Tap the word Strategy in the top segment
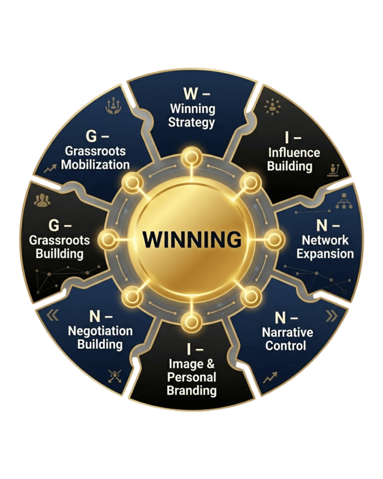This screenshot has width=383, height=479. [191, 123]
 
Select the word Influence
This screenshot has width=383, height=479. [294, 153]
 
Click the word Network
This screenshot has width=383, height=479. [325, 240]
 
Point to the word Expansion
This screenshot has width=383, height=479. [325, 254]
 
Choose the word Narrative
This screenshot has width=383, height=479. [287, 332]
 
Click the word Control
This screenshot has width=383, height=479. [285, 346]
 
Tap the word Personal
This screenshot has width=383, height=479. [192, 377]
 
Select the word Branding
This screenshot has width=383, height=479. [192, 391]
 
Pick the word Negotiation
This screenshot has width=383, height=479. [100, 331]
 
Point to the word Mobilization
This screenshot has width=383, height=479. [95, 165]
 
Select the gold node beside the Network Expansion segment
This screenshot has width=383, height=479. [274, 239]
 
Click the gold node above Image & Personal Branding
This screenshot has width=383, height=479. [191, 322]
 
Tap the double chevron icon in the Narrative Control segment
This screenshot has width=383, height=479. [332, 317]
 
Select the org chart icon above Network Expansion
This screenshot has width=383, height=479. [344, 201]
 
